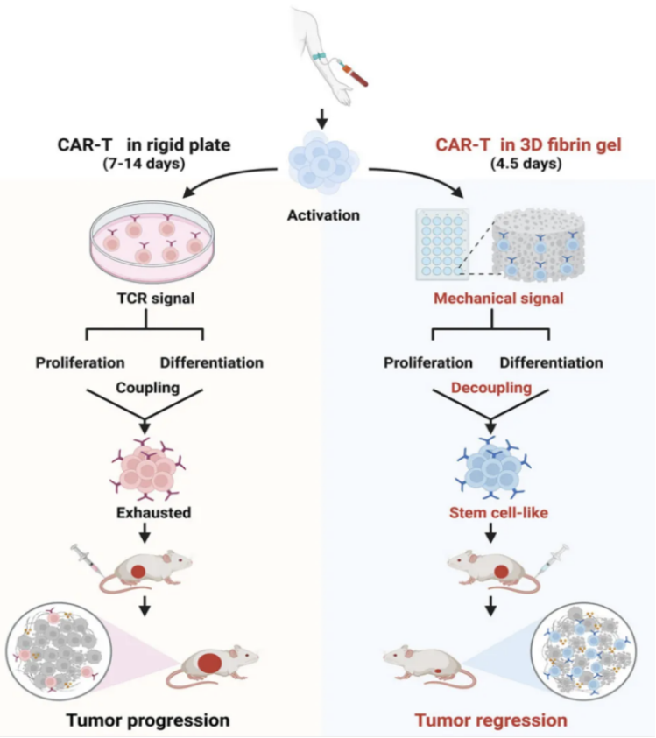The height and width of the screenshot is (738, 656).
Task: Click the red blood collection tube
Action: point(356,74)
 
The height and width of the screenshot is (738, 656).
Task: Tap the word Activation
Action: point(324,215)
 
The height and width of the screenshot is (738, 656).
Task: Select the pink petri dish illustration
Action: point(152,237)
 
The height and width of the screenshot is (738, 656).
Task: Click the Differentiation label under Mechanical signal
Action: point(551,362)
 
